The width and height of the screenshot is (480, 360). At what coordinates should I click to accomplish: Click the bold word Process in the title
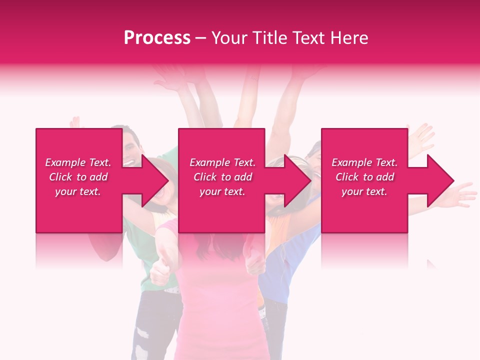click(x=157, y=38)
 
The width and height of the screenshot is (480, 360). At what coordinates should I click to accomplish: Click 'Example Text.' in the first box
click(x=78, y=162)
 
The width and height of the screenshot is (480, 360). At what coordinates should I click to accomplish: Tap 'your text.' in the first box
click(x=78, y=191)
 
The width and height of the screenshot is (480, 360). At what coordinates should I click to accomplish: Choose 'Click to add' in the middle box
click(x=222, y=177)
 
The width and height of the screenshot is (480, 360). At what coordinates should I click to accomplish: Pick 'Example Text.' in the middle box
click(x=222, y=162)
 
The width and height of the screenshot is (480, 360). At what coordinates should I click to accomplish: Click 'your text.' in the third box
click(x=364, y=191)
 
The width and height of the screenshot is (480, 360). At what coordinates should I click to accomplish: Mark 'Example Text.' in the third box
click(x=364, y=162)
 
